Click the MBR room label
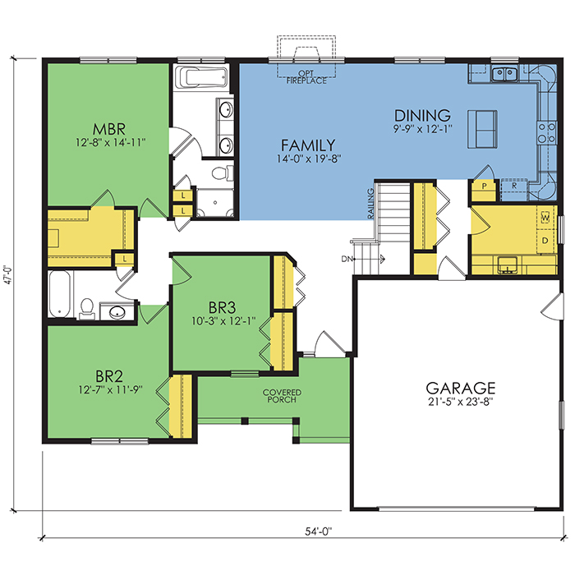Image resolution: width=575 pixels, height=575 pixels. pos(109,130)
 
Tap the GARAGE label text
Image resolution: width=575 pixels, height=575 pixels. pos(461,388)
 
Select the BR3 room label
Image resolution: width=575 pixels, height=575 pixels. pos(223,307)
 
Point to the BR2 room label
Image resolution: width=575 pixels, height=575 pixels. pos(109,376)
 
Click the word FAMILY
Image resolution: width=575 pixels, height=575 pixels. pos(308,145)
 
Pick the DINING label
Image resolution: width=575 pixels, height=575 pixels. pos(422,116)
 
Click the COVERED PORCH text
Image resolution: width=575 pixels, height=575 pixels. pos(282,396)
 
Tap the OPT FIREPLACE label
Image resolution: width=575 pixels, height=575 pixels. pos(306,77)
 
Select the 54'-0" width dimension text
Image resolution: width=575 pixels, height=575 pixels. pos(319,531)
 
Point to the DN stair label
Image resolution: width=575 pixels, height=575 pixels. pos(347,260)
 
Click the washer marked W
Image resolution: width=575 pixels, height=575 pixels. pos(545,218)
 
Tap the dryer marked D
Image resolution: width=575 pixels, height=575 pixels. pos(545,241)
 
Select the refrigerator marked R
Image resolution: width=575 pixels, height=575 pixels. pos(513,190)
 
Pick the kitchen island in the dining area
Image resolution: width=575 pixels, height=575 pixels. pos(482,129)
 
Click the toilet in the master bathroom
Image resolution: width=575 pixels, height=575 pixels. pos(223,173)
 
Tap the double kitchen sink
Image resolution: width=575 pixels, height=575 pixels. pos(504,74)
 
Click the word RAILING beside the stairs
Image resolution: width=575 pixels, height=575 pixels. pos(370,204)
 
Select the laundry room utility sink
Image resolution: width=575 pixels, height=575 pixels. pos(508,265)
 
